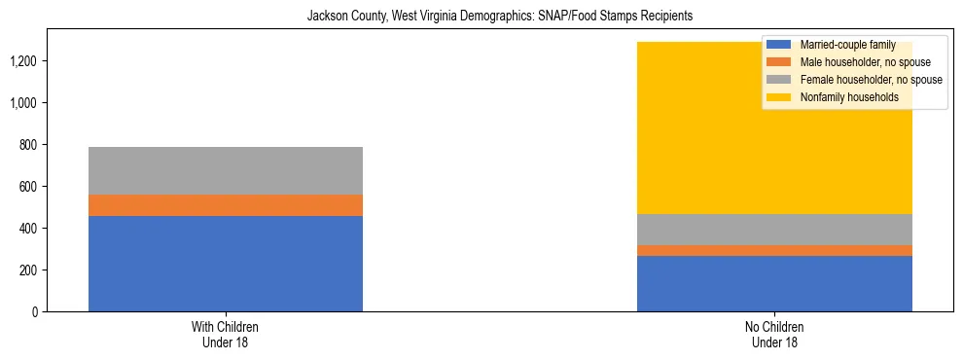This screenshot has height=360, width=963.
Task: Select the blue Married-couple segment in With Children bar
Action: [226, 264]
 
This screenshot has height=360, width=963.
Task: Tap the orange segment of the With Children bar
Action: [226, 205]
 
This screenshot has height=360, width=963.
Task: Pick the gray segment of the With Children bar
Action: [226, 171]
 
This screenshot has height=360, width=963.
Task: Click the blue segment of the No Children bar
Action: [774, 284]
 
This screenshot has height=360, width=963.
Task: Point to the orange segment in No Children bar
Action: [774, 251]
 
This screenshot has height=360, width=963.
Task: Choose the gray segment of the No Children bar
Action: [774, 230]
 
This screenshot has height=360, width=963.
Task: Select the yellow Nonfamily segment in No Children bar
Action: [774, 136]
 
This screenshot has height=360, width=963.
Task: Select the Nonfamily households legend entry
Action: [848, 97]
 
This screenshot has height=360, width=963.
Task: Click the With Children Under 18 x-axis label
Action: [226, 335]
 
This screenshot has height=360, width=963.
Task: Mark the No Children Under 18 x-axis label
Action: [774, 335]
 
